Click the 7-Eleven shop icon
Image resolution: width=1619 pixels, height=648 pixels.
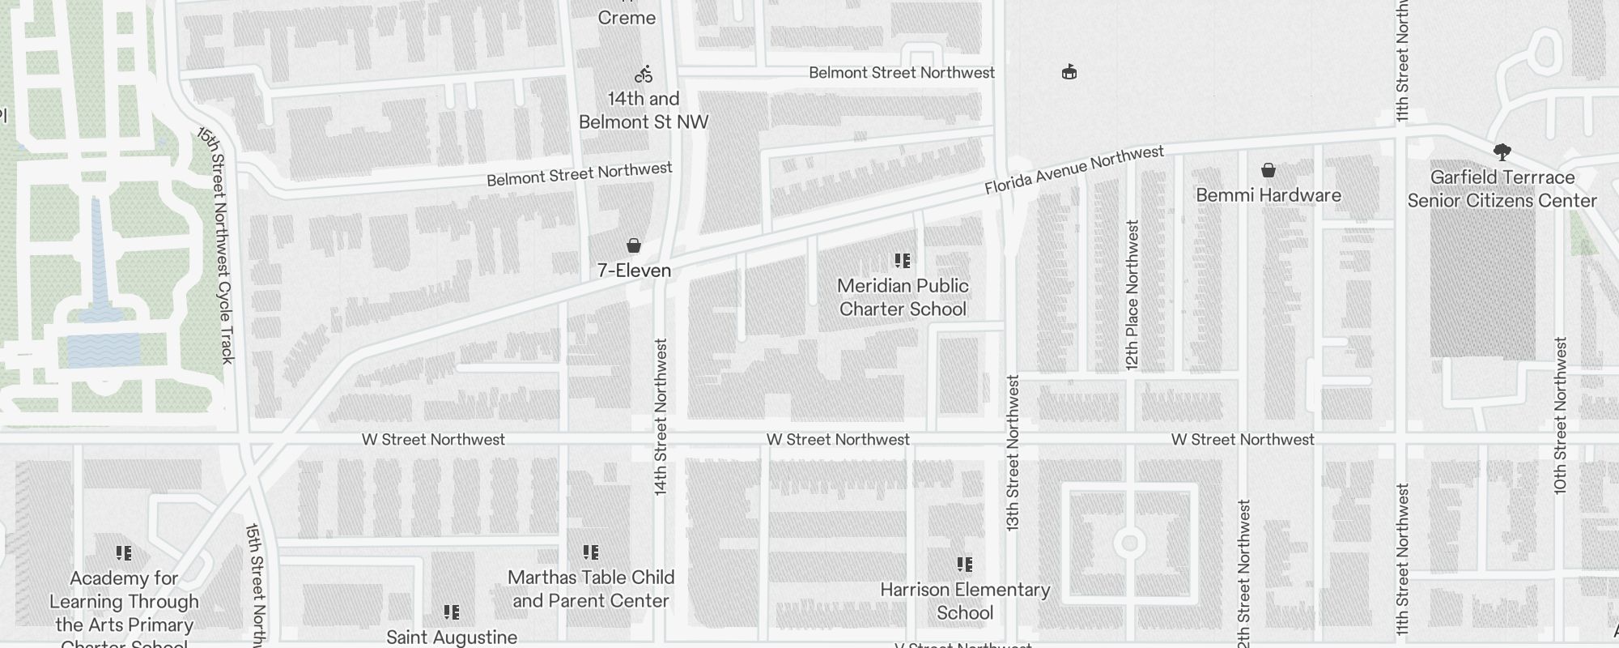coord(634,245)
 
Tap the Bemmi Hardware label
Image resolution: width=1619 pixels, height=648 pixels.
coord(1268,195)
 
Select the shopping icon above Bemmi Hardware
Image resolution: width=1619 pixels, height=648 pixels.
coord(1268,170)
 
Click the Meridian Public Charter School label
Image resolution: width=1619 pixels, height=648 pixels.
coord(903,297)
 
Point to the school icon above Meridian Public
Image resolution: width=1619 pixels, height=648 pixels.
coord(903,261)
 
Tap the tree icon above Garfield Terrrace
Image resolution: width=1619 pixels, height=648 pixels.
coord(1502,151)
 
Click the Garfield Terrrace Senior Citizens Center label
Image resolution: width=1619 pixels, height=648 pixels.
coord(1502,189)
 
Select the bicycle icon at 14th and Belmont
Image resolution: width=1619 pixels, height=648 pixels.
coord(644,75)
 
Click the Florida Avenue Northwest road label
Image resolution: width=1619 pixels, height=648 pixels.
coord(1074,170)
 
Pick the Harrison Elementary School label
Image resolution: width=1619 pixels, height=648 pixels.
coord(965,601)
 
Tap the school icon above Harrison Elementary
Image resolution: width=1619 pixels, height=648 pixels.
coord(965,565)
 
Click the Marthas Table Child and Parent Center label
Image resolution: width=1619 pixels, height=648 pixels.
coord(591,589)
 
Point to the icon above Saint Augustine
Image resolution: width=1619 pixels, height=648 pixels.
coord(452,612)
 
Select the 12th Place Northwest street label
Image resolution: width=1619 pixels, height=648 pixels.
coord(1132,296)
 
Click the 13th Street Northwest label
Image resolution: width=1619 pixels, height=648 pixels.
coord(1013,454)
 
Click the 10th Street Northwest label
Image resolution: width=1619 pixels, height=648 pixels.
coord(1561,415)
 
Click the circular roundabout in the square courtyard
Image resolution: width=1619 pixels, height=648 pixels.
coord(1129,543)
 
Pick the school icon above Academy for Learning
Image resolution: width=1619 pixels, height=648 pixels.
coord(124,553)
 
